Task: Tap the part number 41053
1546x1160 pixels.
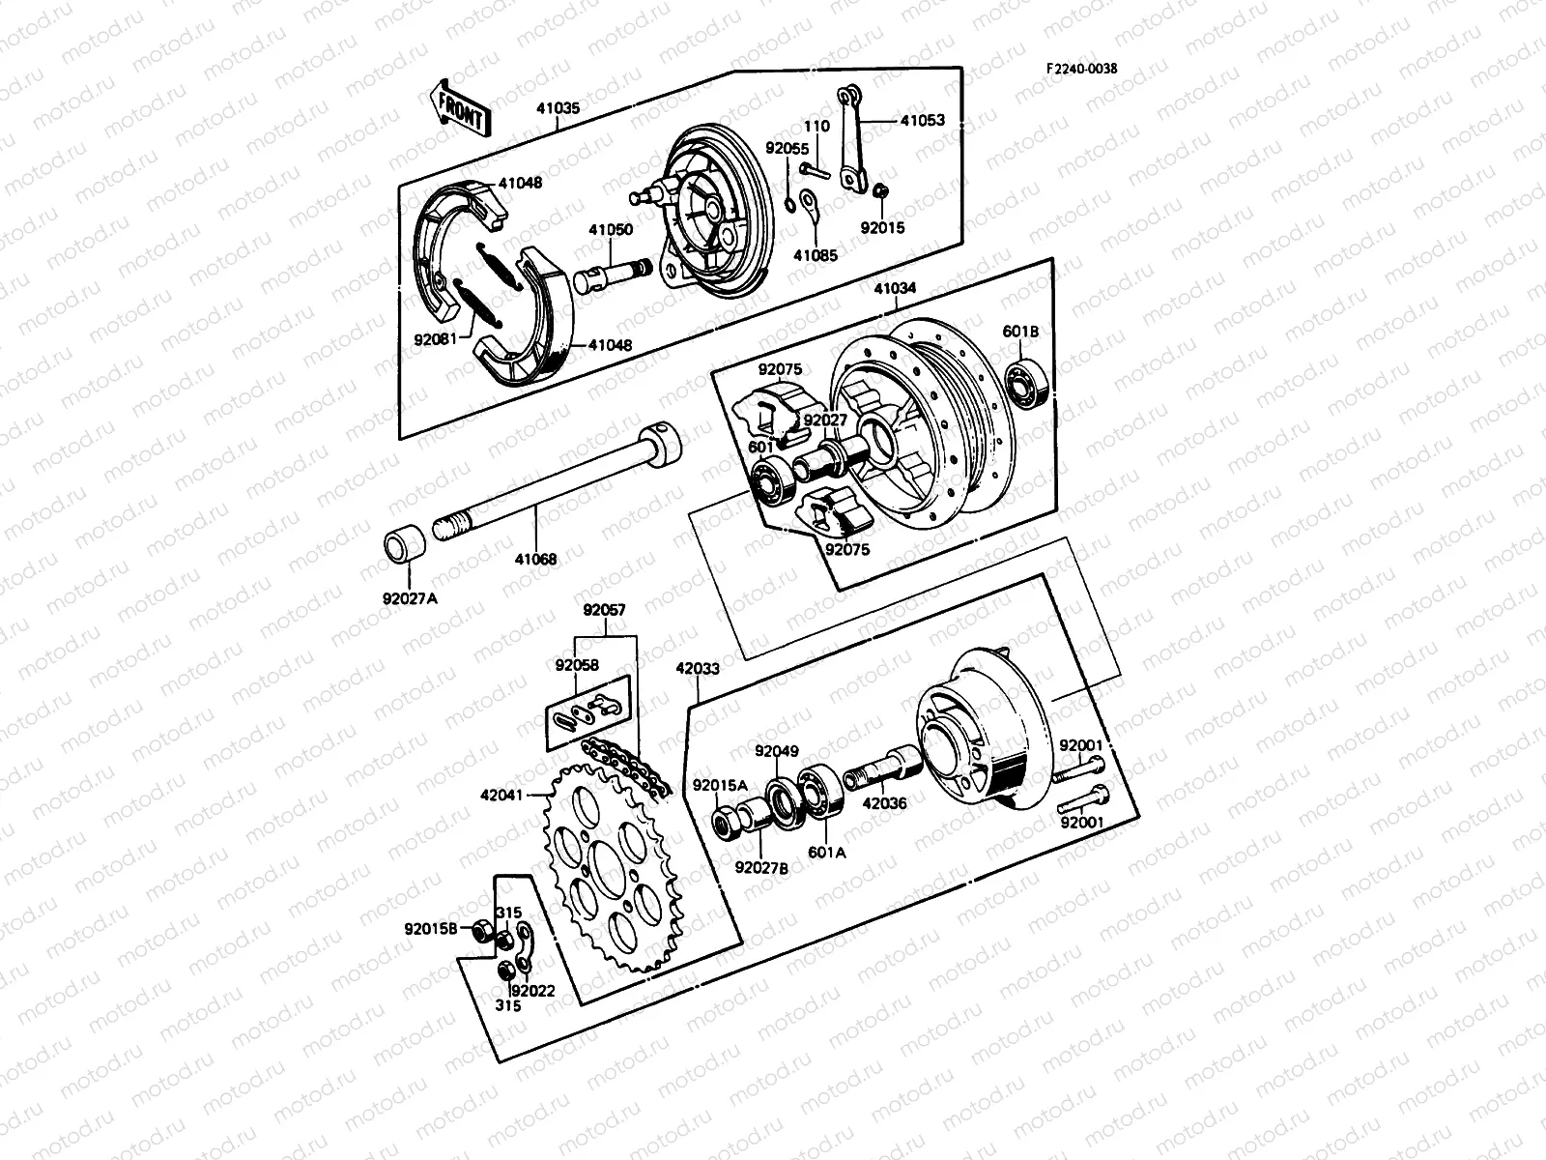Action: point(923,121)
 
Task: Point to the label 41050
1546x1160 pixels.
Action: point(611,230)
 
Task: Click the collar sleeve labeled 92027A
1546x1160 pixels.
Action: point(407,545)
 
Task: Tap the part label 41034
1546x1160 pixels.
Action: point(896,288)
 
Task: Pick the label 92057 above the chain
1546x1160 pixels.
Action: point(604,610)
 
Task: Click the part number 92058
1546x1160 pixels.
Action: point(577,665)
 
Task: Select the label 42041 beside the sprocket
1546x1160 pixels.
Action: point(501,797)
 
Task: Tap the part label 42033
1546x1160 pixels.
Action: point(699,668)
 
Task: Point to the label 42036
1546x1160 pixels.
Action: point(884,801)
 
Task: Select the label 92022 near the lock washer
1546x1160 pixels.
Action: point(534,990)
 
